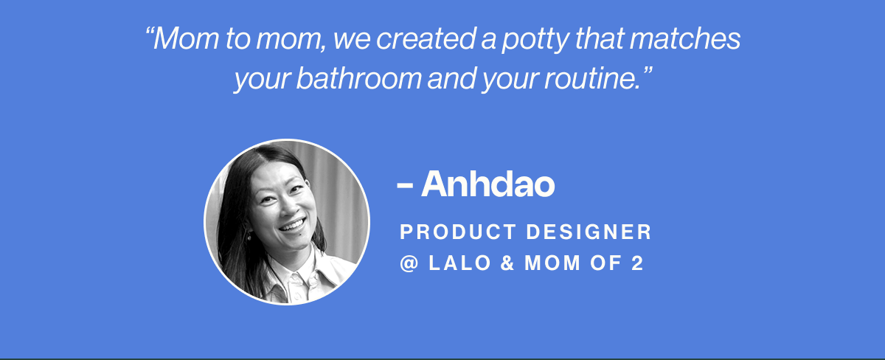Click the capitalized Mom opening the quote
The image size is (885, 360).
click(178, 40)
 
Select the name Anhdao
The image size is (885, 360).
click(487, 184)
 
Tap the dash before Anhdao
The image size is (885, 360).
click(404, 185)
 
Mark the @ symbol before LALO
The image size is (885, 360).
click(409, 264)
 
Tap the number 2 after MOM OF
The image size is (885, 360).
click(637, 264)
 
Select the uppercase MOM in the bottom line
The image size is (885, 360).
click(550, 264)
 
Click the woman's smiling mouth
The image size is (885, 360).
click(293, 225)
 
